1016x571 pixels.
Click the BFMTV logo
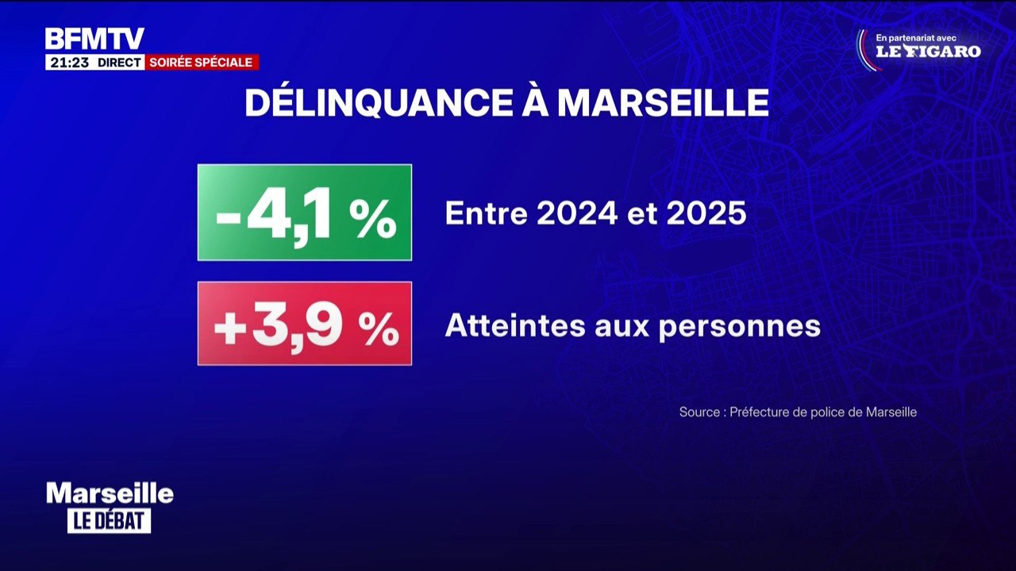pos(94,39)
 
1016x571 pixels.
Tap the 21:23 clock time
pos(69,63)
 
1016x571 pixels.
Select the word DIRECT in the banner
pos(119,63)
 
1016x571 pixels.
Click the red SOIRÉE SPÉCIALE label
pos(202,62)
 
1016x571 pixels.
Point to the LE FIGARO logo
pos(929,52)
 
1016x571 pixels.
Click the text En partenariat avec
pos(916,39)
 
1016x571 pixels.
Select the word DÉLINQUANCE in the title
pos(379,103)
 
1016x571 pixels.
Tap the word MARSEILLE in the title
pos(663,104)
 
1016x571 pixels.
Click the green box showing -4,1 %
pos(305,213)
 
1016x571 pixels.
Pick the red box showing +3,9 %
pos(305,324)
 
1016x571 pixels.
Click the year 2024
pos(576,213)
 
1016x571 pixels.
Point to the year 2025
pos(706,213)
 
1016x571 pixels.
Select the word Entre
pos(487,213)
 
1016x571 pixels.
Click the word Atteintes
pos(515,325)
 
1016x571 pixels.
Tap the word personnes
pos(739,328)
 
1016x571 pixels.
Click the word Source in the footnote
pos(699,412)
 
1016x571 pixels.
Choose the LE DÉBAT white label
pos(110,521)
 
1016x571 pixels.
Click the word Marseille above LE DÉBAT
pos(110,493)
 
